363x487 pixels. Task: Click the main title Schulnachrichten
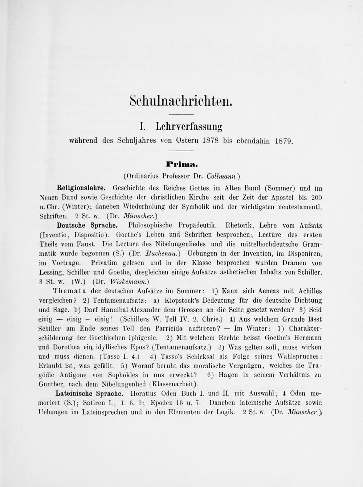pos(180,100)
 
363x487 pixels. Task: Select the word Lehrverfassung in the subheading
pos(189,126)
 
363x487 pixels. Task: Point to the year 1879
pos(284,141)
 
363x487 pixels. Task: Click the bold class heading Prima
pos(181,165)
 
